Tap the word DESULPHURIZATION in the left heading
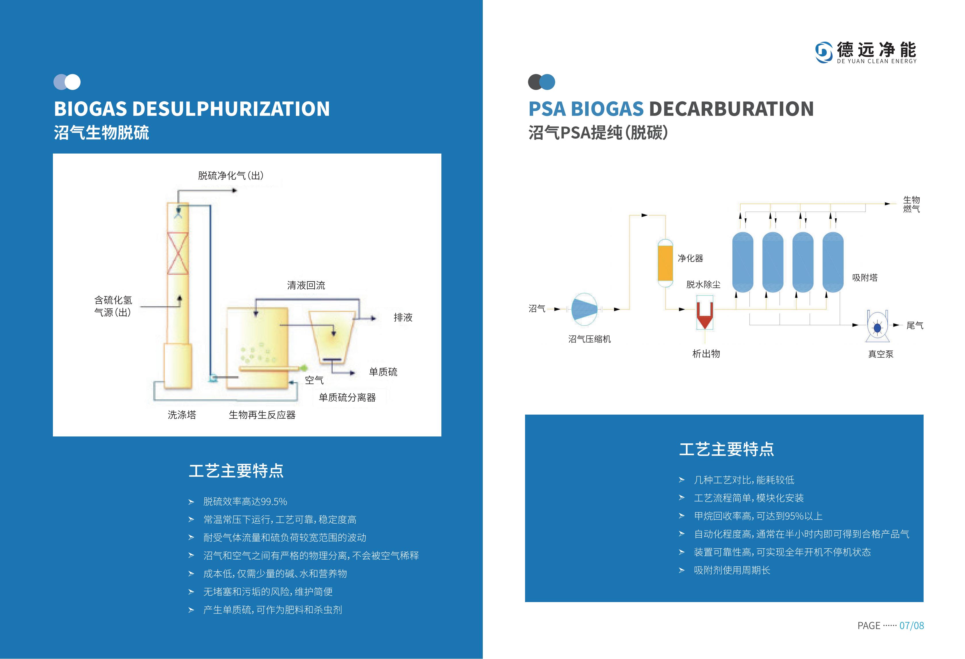[x=231, y=109]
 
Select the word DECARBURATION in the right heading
[x=731, y=109]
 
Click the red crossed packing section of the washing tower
[x=178, y=253]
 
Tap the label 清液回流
[x=306, y=285]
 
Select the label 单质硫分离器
[x=347, y=397]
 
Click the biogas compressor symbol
[x=584, y=309]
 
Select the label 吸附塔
[x=865, y=277]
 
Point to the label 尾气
[x=915, y=325]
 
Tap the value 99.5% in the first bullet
[x=274, y=502]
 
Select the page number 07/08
[x=912, y=625]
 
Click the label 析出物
[x=706, y=354]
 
